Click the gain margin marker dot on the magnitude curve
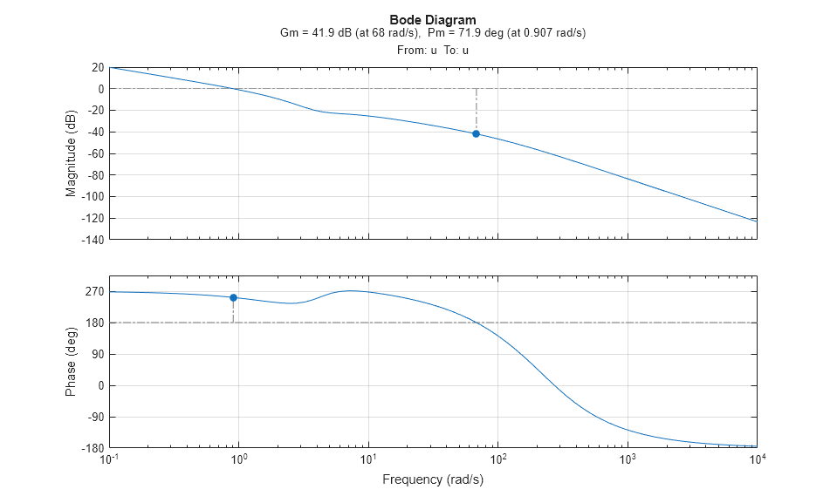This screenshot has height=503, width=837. [x=476, y=133]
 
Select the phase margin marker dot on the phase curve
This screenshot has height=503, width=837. [x=233, y=297]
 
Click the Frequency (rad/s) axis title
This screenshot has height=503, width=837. [x=433, y=479]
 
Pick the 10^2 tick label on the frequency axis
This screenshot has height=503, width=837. [x=497, y=459]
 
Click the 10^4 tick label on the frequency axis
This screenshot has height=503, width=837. [x=757, y=459]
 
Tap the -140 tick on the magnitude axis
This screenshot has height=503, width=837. [x=93, y=240]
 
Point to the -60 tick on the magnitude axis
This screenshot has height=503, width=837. [x=95, y=153]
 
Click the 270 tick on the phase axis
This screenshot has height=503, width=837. [x=95, y=291]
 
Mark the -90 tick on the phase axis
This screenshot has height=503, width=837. [x=95, y=417]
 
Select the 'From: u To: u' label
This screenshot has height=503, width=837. [x=433, y=50]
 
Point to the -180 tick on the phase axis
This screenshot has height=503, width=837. [x=93, y=448]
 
